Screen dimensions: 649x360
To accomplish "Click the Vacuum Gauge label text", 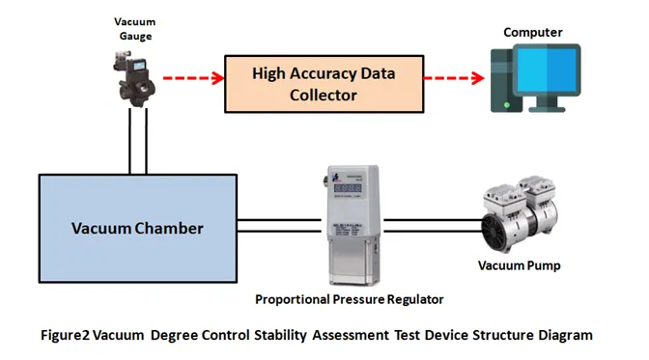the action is click(135, 29).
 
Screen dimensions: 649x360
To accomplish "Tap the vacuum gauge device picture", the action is click(134, 79).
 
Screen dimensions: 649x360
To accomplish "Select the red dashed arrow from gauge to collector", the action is click(194, 78).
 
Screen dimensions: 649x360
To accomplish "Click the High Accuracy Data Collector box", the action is click(324, 84).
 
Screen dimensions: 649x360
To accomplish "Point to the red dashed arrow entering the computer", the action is click(454, 78).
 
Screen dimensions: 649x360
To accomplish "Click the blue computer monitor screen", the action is click(547, 69).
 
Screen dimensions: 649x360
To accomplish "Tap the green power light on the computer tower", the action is click(507, 105).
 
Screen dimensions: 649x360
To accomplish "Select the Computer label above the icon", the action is click(533, 32).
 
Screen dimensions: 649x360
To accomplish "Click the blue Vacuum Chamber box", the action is click(138, 229).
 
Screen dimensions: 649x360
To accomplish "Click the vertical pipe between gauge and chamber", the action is click(138, 141).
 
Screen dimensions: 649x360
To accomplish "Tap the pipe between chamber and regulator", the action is click(279, 226).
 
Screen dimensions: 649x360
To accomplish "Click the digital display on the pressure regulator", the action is click(348, 188).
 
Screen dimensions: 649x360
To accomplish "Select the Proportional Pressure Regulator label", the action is click(350, 299).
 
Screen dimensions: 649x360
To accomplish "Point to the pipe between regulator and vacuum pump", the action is click(434, 226).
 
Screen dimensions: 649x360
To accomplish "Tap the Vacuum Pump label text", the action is click(519, 265).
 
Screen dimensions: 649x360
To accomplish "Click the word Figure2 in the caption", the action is click(65, 335).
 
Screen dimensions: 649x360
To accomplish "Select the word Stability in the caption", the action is click(280, 335).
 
